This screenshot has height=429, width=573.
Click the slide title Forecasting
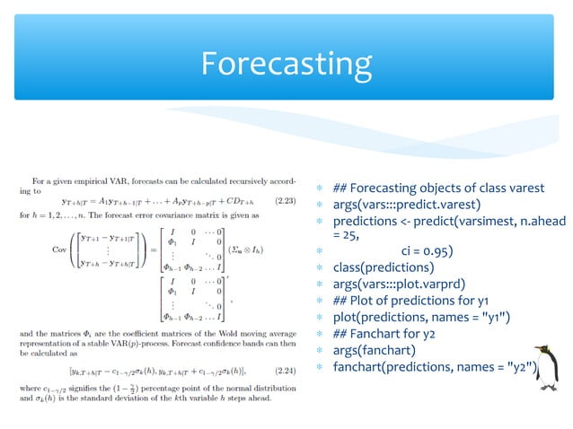[286, 65]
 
